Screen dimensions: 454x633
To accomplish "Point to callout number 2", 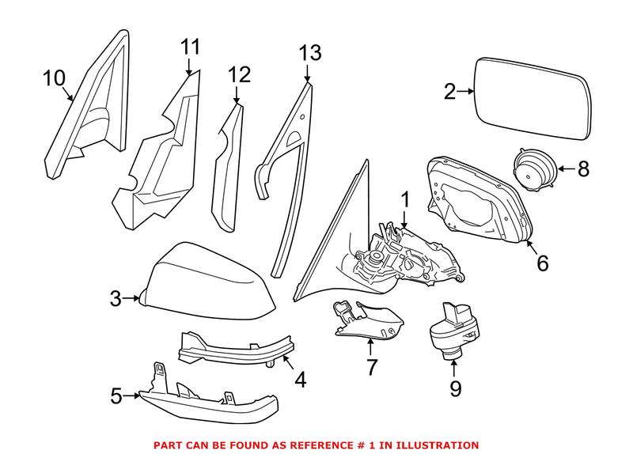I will coord(449,93).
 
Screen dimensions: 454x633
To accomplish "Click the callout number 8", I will coord(584,168).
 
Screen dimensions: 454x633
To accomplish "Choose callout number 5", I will coord(117,395).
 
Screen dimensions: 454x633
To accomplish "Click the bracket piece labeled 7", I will coord(364,320).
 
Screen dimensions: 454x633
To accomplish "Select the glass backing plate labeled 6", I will coord(475,198).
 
